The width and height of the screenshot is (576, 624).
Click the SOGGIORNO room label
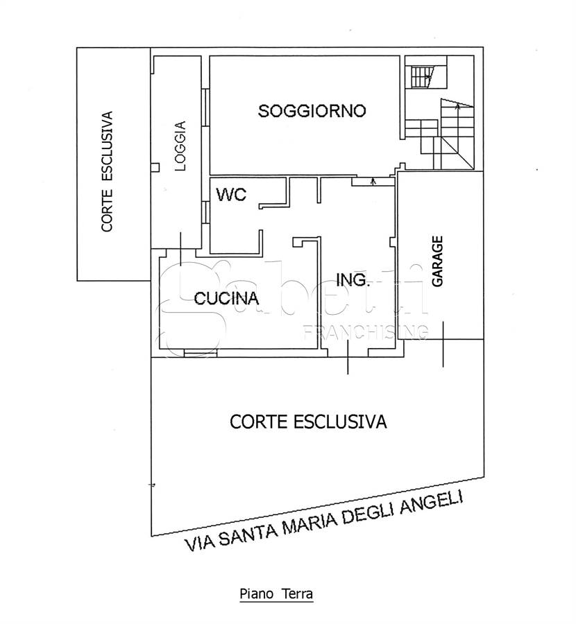pos(312,111)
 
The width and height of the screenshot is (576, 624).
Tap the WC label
pos(231,195)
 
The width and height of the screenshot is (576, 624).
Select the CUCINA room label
pos(226,298)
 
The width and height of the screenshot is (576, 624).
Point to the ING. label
pos(353,280)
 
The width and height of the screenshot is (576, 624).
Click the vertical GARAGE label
pos(438,261)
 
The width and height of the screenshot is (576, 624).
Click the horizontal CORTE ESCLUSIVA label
pos(308,422)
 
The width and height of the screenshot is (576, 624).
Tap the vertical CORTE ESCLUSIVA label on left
pos(107,171)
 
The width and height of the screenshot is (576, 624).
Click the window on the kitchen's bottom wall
pos(201,353)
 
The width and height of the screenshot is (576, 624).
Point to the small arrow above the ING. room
pos(373,182)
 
